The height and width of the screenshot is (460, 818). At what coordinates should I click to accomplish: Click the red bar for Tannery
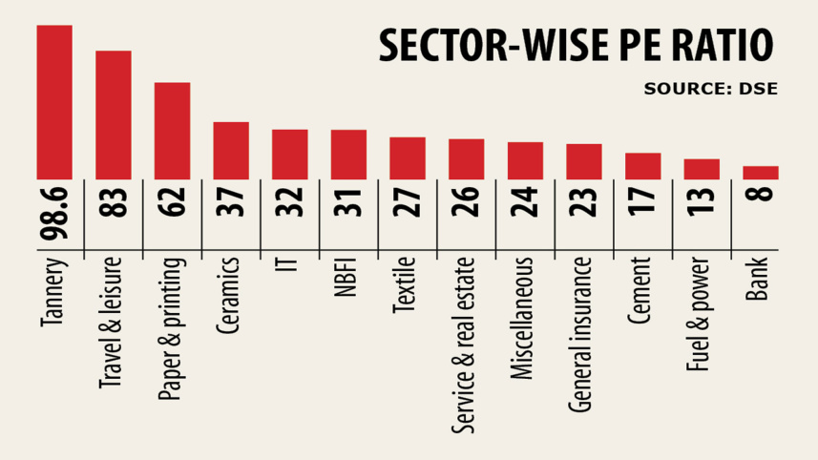pyautogui.click(x=54, y=101)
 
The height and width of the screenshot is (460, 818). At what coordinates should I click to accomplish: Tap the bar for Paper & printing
pyautogui.click(x=173, y=131)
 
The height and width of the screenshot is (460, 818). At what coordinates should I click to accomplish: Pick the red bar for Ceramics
pyautogui.click(x=231, y=150)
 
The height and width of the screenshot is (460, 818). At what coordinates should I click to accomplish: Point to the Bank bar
pyautogui.click(x=761, y=172)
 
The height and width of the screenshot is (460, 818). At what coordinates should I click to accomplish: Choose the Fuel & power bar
pyautogui.click(x=702, y=168)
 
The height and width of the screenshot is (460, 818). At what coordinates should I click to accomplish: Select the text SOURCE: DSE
pyautogui.click(x=710, y=89)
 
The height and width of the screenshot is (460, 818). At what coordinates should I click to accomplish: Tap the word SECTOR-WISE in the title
pyautogui.click(x=490, y=45)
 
